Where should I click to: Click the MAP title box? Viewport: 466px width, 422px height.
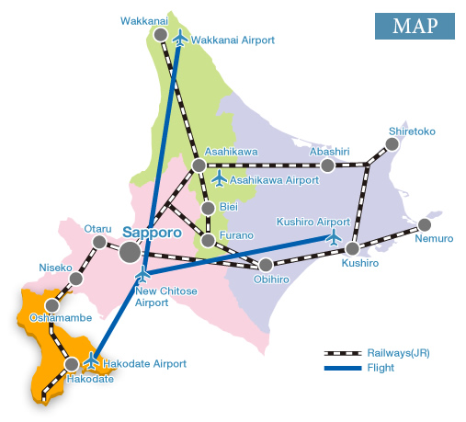(x=415, y=26)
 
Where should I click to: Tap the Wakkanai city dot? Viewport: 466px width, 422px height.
(x=161, y=35)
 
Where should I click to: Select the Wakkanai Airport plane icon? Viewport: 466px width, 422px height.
(x=179, y=40)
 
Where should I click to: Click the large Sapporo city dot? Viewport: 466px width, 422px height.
(x=131, y=250)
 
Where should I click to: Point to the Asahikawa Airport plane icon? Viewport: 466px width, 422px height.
(x=219, y=178)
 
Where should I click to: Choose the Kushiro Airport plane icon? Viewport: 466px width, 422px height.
(x=334, y=236)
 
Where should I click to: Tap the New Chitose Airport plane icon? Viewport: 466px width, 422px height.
(x=142, y=274)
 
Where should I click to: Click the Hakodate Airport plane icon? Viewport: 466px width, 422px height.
(x=91, y=359)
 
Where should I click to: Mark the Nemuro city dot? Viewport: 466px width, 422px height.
(x=424, y=224)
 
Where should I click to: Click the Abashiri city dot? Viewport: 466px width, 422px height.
(x=326, y=165)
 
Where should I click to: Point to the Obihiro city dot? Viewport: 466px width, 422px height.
(x=266, y=266)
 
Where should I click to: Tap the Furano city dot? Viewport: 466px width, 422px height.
(x=209, y=240)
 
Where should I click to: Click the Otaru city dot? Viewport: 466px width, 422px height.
(x=99, y=243)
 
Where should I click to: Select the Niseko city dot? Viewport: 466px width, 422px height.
(x=76, y=279)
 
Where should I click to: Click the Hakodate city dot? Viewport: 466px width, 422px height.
(x=72, y=364)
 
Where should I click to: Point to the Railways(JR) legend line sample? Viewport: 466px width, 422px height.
(x=344, y=353)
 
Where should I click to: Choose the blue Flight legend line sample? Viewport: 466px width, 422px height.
(x=344, y=368)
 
